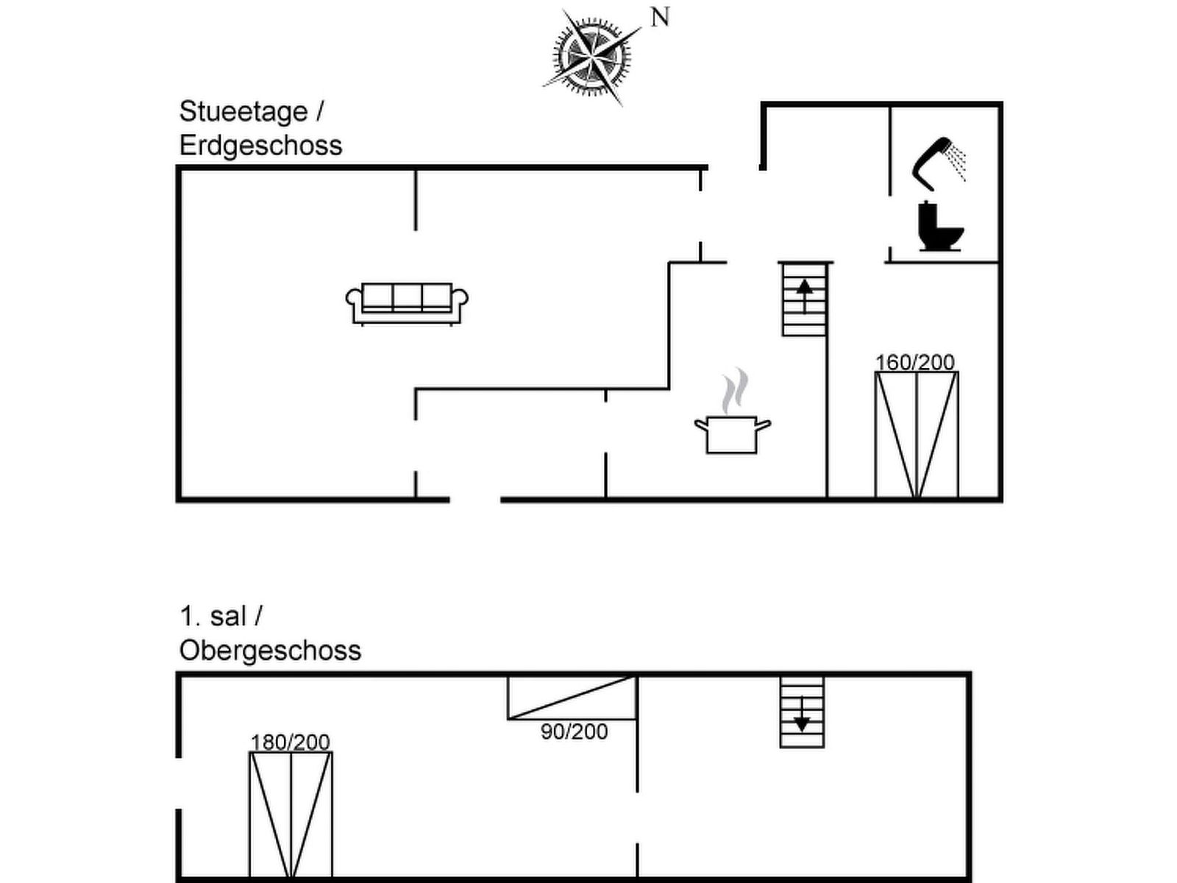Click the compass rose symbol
click(591, 55)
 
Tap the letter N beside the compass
click(660, 17)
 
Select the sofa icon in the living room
click(407, 302)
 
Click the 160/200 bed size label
click(915, 362)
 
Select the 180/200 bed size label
click(290, 742)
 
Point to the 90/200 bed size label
click(574, 731)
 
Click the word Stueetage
click(243, 112)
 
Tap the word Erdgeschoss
click(260, 146)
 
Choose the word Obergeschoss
click(270, 650)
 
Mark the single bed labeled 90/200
click(572, 698)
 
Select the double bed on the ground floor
click(917, 435)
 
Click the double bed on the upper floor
click(291, 814)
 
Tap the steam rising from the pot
click(734, 391)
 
